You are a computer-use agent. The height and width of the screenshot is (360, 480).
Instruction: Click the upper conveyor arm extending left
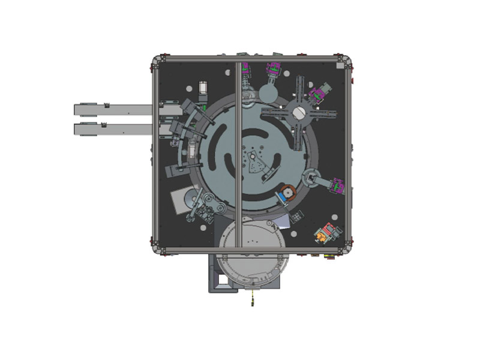pos(111,109)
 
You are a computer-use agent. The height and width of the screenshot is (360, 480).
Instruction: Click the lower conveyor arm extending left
pos(111,128)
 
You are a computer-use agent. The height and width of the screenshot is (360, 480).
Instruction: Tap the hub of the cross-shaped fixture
pos(301,112)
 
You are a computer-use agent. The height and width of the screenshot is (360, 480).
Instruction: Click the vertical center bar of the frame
pos(239,150)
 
